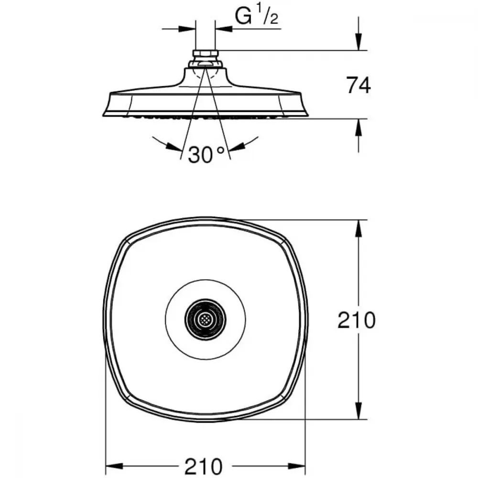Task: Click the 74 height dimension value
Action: [x=358, y=86]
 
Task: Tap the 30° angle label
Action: [x=206, y=154]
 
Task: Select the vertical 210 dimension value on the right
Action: [x=357, y=320]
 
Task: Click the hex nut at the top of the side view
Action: [x=206, y=54]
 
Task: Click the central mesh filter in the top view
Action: [x=205, y=319]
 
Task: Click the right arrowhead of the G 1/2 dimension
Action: [x=223, y=29]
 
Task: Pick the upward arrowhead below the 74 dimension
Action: [x=358, y=127]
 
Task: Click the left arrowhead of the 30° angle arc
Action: [x=174, y=146]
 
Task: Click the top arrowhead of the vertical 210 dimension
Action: [x=358, y=228]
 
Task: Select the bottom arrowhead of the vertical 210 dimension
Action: [x=358, y=410]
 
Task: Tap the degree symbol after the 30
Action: [x=221, y=150]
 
